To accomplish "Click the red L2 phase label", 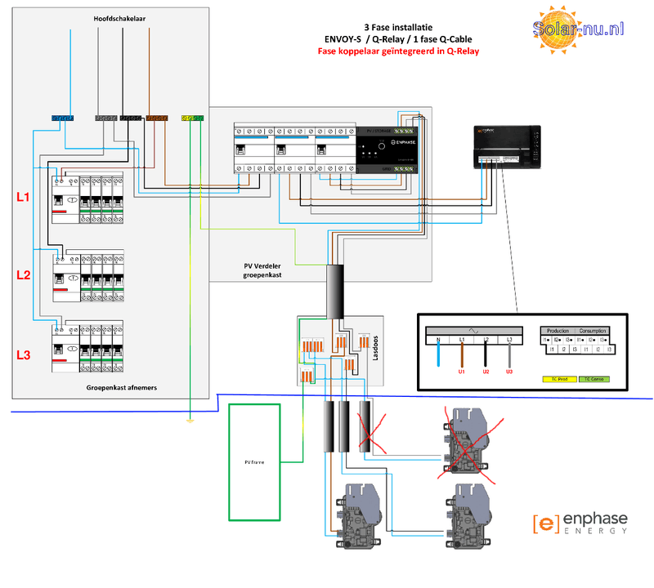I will coord(24,274).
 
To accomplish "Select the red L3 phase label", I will coord(24,355).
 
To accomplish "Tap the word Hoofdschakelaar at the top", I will coord(114,17).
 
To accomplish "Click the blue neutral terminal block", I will coord(62,118).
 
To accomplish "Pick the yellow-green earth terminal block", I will coord(191,118).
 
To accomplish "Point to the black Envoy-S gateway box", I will coord(507,147).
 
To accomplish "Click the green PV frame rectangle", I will coord(257,461).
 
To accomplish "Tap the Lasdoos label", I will coord(376,346).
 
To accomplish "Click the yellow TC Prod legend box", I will coord(559,379).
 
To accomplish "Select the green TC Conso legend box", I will coord(595,379).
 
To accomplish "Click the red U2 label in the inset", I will coord(486,372).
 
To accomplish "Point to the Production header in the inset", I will coord(558,331).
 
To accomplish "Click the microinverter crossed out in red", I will coord(463,437).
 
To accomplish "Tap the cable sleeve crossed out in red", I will coord(363,427).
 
